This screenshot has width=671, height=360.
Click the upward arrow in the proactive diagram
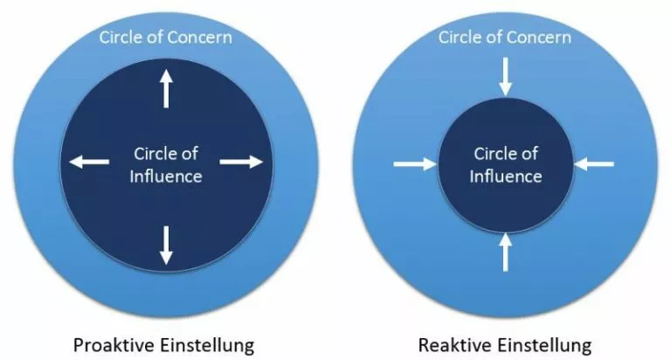pos(166,88)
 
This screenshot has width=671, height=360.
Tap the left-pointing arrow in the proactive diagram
pos(89,162)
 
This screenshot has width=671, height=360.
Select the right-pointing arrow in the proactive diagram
pos(241,162)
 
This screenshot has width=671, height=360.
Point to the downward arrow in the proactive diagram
pos(166,246)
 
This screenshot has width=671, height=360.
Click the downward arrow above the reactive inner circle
pos(505,77)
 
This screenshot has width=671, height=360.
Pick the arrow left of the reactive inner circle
pos(415,164)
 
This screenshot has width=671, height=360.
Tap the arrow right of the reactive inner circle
pos(594,164)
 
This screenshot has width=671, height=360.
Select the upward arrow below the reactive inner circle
pos(505,253)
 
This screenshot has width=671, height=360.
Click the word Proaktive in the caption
pos(112,345)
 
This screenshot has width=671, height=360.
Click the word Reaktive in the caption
pos(452,345)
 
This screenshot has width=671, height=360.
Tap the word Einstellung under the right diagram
pos(542,345)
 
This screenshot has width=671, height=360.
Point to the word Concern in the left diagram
pos(198,38)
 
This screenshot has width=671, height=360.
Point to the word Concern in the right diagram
pos(538,38)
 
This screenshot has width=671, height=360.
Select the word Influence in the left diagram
pos(166,177)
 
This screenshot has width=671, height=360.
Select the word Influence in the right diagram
pos(505,177)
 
